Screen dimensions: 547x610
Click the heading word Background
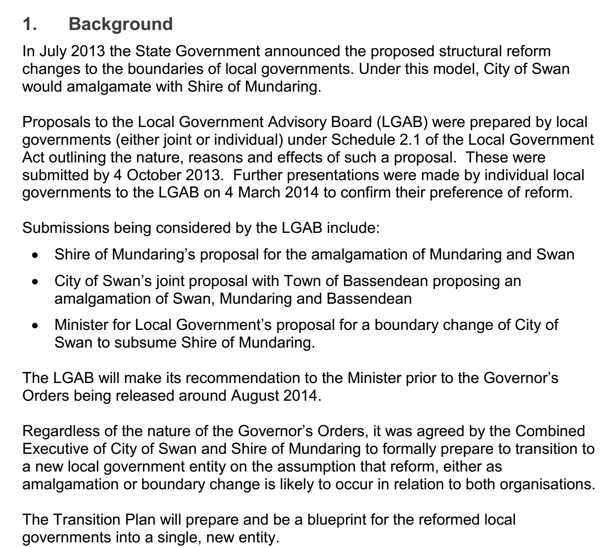tap(121, 24)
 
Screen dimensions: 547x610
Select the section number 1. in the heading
tap(30, 24)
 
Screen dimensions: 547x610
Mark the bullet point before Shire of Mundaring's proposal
tap(35, 255)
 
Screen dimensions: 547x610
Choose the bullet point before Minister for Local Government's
tap(35, 326)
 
